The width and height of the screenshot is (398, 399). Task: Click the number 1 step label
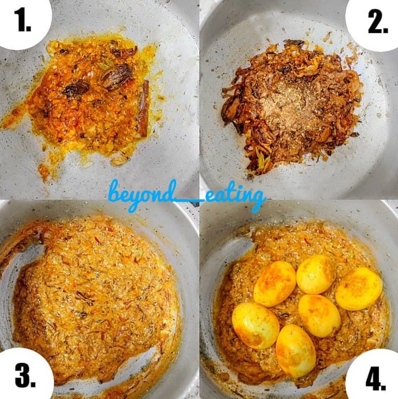(x=22, y=20)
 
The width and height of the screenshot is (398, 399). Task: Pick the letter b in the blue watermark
(x=116, y=191)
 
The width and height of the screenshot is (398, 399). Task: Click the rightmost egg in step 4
(x=358, y=289)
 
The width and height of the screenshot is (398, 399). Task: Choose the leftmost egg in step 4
(x=256, y=325)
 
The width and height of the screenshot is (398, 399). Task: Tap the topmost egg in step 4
(x=317, y=274)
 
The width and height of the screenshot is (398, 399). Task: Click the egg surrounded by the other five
(x=320, y=316)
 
